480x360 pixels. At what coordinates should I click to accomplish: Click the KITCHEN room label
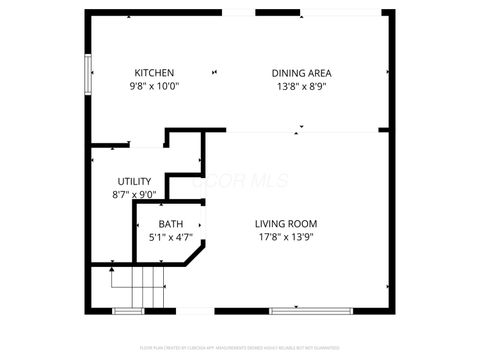155,73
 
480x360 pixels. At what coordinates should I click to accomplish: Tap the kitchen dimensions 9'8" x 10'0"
155,86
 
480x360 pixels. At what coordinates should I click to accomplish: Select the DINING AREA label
301,73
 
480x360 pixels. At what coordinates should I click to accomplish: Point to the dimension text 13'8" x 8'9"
301,86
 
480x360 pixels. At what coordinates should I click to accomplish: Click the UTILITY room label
135,182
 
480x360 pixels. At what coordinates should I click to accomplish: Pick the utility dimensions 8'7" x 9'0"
135,195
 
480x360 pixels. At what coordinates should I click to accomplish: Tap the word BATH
171,224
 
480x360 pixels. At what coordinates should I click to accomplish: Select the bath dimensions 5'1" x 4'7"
171,237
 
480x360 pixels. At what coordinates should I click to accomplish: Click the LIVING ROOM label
286,224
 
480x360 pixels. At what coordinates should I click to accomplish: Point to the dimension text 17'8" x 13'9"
286,237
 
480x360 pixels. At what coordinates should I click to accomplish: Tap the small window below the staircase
128,311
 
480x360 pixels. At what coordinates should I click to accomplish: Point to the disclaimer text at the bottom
240,347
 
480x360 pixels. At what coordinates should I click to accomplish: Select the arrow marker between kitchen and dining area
213,72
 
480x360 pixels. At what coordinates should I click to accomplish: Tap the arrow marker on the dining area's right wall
388,72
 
